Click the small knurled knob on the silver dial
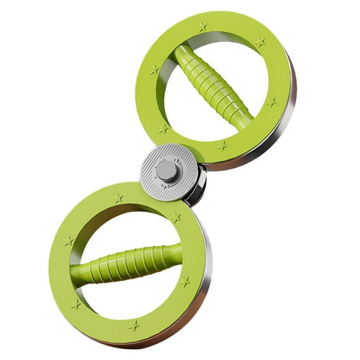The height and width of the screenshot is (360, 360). tap(166, 169)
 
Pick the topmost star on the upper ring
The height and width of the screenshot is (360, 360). tap(201, 27)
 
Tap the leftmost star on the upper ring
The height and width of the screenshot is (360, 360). tap(154, 70)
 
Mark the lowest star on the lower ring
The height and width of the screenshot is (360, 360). tap(133, 325)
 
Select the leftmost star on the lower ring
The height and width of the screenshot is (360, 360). tap(68, 241)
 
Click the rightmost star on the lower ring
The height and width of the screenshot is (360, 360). tap(184, 281)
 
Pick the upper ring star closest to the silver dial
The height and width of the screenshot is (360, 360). tap(164, 128)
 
